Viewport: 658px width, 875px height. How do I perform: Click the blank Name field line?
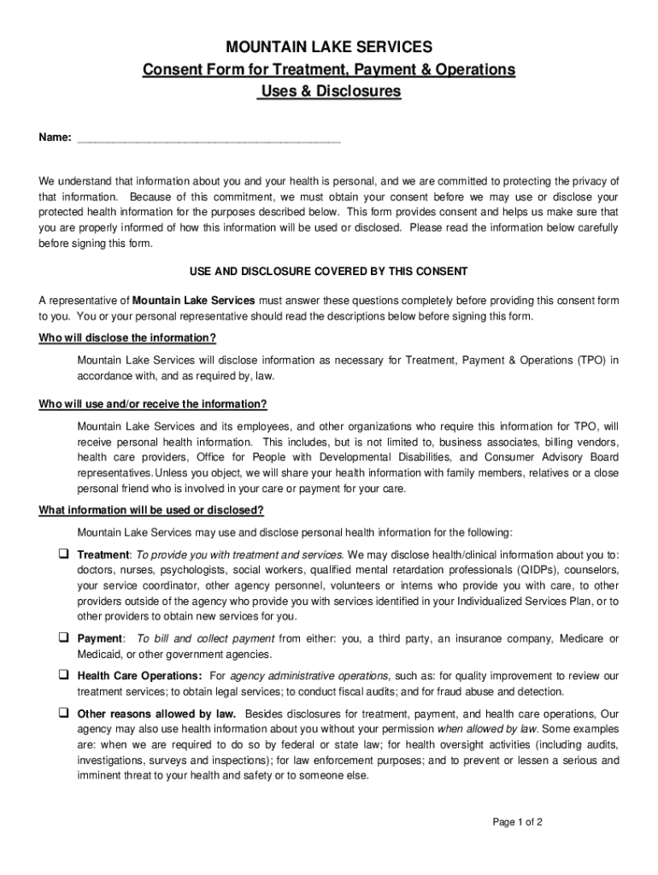(209, 138)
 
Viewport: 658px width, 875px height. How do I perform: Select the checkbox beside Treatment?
(63, 554)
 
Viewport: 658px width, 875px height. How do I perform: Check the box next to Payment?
(63, 638)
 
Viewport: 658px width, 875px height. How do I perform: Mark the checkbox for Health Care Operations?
(63, 675)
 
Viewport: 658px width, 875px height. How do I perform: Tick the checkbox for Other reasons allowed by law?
(63, 713)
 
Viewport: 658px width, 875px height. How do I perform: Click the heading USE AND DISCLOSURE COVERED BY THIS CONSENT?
(328, 272)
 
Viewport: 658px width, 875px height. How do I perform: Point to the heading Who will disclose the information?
(127, 338)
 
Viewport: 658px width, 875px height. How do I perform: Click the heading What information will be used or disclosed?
(151, 511)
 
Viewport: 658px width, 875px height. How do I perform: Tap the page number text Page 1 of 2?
(518, 823)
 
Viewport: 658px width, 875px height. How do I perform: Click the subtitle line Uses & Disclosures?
(329, 91)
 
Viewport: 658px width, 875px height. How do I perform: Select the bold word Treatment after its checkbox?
(103, 555)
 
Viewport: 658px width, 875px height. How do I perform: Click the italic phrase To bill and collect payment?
(205, 639)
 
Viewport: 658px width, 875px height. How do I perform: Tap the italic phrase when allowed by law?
(487, 730)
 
